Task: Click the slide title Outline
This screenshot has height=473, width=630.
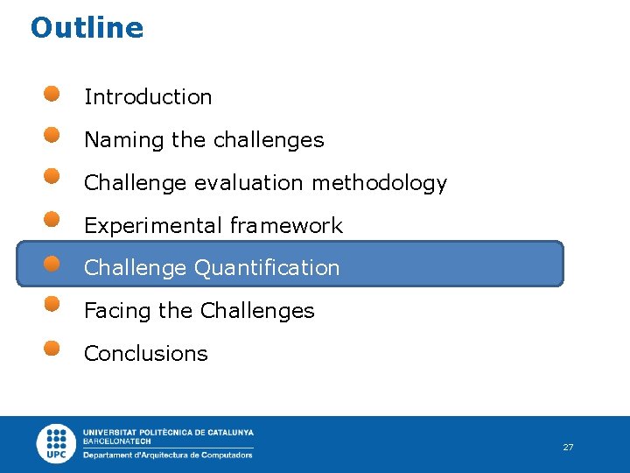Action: click(x=87, y=28)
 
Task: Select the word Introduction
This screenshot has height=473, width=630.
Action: click(x=148, y=97)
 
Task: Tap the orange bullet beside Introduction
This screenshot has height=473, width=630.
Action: click(x=52, y=93)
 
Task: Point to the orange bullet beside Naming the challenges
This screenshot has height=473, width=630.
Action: click(x=52, y=135)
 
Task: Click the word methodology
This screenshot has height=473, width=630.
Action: click(x=379, y=183)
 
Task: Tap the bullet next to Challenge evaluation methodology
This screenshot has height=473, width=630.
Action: click(x=52, y=177)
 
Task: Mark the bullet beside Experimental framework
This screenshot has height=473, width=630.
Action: click(x=52, y=219)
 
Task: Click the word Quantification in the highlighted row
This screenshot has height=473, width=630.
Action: click(x=267, y=268)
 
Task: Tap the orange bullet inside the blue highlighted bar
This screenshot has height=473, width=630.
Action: click(x=52, y=263)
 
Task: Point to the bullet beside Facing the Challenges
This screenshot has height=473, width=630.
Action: click(x=52, y=304)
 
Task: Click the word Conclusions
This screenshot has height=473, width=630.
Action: click(x=146, y=354)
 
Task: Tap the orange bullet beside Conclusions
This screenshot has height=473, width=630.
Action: click(x=52, y=348)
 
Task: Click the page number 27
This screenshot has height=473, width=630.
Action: click(x=568, y=448)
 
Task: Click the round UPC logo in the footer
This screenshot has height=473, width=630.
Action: click(x=57, y=444)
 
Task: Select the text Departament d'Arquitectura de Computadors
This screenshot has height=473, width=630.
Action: click(x=168, y=455)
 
